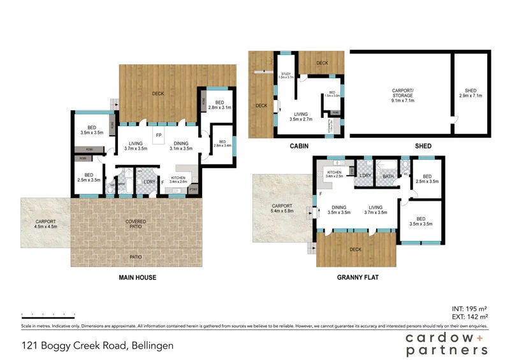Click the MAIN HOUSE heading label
(137, 277)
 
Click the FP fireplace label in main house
(159, 136)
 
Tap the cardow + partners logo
(446, 344)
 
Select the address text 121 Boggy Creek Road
(96, 346)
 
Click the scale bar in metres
(48, 314)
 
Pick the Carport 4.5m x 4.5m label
(45, 223)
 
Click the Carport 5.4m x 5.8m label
(282, 209)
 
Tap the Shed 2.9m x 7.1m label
(471, 93)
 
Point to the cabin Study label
(286, 76)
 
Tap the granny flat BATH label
(388, 176)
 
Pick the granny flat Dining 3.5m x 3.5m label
(339, 210)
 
